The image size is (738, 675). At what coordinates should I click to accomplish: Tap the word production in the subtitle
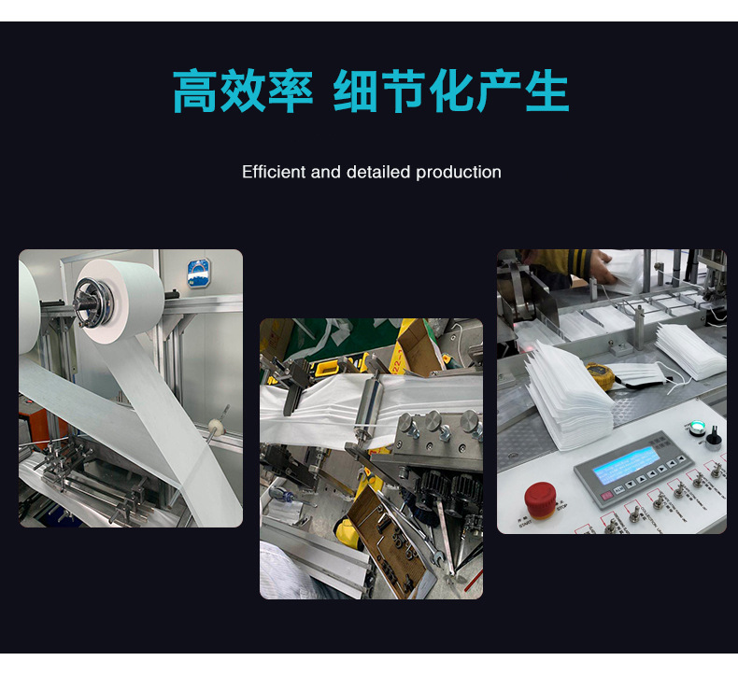(x=459, y=173)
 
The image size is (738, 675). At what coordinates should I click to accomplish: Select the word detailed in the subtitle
(x=378, y=172)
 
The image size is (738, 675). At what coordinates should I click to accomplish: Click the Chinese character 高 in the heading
(x=195, y=91)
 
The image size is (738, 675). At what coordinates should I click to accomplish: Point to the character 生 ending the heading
(x=546, y=91)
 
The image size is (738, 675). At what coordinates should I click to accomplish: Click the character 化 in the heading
(x=452, y=91)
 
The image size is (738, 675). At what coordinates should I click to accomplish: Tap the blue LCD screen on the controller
(x=626, y=465)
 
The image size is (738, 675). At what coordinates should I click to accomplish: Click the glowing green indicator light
(x=693, y=428)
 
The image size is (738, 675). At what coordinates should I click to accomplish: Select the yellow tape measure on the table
(x=599, y=374)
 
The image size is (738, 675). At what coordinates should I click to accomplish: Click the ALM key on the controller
(x=619, y=489)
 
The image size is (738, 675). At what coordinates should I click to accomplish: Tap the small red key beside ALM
(x=607, y=495)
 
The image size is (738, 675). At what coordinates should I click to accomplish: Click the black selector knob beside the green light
(x=713, y=439)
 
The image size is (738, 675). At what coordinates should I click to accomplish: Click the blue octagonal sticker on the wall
(x=198, y=273)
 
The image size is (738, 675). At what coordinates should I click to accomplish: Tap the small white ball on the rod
(x=217, y=426)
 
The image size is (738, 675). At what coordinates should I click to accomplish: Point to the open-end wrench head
(x=438, y=558)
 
